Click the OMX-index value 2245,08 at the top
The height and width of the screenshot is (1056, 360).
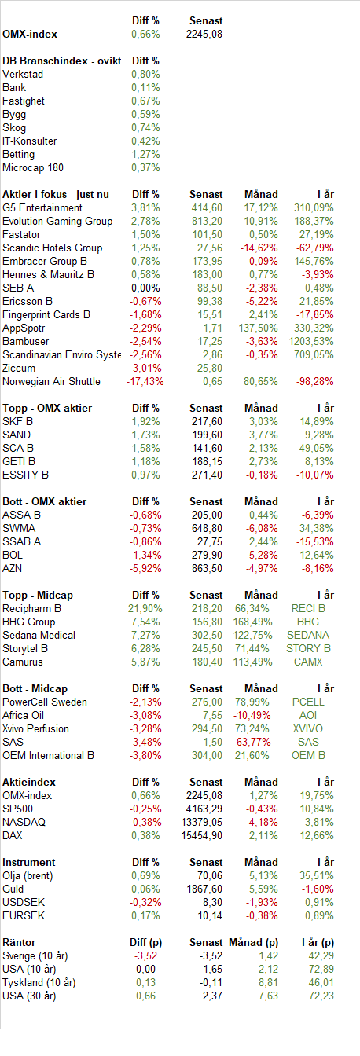pos(204,34)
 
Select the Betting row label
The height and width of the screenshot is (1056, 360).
pos(18,154)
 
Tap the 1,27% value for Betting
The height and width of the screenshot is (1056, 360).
pos(145,154)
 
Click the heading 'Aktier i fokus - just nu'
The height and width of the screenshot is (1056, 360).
pos(56,194)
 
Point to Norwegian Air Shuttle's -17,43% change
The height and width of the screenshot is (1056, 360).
pos(145,381)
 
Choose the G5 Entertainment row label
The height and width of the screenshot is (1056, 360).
pos(42,207)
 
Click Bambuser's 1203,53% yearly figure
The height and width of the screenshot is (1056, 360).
pos(311,341)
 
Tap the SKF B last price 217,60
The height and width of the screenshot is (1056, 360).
pos(207,421)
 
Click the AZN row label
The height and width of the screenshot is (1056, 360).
pos(13,568)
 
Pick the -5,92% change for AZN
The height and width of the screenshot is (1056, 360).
pos(145,568)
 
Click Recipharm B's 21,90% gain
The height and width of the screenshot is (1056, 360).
pos(145,608)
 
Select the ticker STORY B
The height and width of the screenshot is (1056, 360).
pos(308,648)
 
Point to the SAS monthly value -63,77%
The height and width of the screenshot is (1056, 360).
pos(252,742)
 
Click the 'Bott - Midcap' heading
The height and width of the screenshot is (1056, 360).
pos(35,688)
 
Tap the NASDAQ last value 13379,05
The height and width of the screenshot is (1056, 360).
pos(201,822)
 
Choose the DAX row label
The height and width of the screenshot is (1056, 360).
pos(13,835)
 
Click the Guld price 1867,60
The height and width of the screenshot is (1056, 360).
pos(204,889)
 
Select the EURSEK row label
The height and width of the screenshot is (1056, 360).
pos(24,915)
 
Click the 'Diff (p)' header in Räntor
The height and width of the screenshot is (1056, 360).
pos(145,942)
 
